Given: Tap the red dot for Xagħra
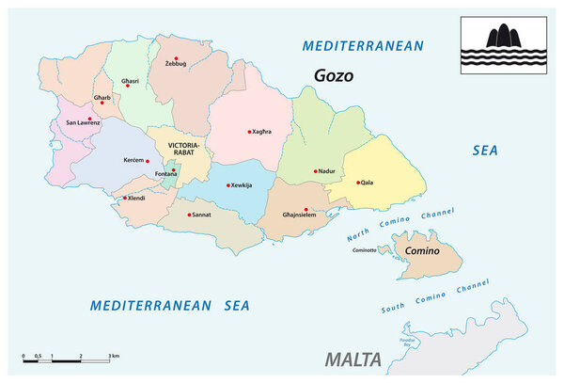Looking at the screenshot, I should [x=249, y=132].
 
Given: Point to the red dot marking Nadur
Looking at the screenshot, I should [x=316, y=171].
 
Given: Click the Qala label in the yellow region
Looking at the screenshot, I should [x=368, y=183].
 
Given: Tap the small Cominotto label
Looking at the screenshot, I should [x=364, y=250].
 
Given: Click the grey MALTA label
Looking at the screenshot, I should [x=352, y=359].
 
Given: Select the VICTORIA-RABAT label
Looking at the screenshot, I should [x=182, y=150].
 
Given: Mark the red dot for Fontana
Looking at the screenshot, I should [x=173, y=169].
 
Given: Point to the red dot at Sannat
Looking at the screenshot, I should [x=188, y=215].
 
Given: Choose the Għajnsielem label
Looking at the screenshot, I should [x=304, y=215].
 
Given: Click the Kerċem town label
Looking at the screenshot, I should [x=133, y=160].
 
